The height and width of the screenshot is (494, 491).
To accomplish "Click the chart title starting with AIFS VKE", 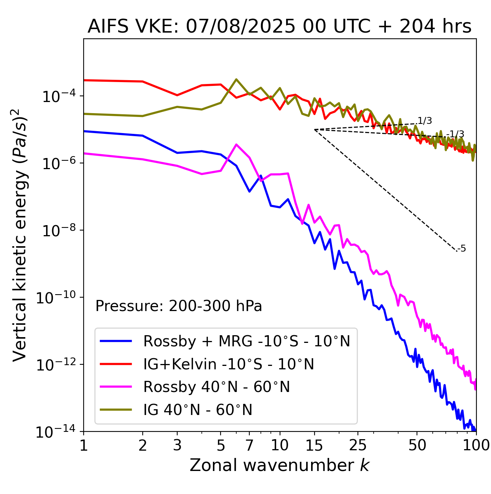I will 279,26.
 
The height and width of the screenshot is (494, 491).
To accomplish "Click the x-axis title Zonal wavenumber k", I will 279,465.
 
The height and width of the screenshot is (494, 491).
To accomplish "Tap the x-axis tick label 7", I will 249,445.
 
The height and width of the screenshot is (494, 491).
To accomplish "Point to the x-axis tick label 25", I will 358,445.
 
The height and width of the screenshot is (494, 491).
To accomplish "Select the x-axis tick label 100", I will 476,445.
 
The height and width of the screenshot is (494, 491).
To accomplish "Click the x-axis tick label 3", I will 177,445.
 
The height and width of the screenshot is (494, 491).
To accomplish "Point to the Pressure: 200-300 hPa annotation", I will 179,306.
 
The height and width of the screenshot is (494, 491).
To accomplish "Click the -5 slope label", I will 462,249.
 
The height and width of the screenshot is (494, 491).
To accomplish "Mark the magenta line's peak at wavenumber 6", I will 236,145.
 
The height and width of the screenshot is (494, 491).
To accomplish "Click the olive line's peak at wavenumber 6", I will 236,79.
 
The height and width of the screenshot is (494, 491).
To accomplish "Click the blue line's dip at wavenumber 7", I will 249,191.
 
